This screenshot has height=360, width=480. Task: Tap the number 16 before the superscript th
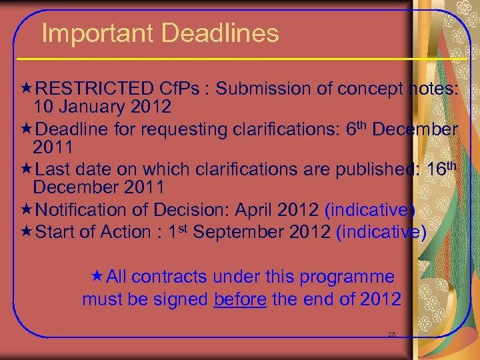pos(437,169)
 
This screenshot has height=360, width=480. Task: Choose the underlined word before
pos(240,299)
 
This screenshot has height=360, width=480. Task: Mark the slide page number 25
pos(391,333)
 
